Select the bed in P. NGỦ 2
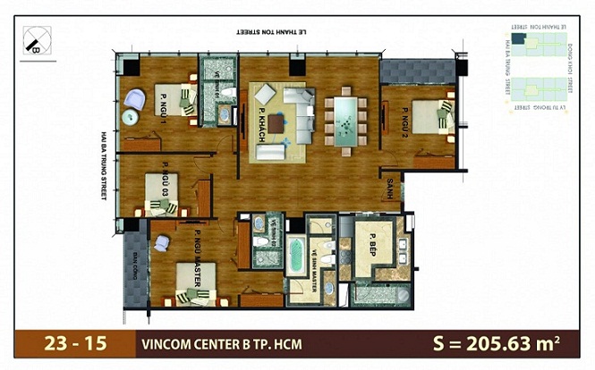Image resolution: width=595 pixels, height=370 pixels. [x=440, y=116]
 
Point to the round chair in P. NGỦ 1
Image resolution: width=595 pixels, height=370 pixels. [x=133, y=97]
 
